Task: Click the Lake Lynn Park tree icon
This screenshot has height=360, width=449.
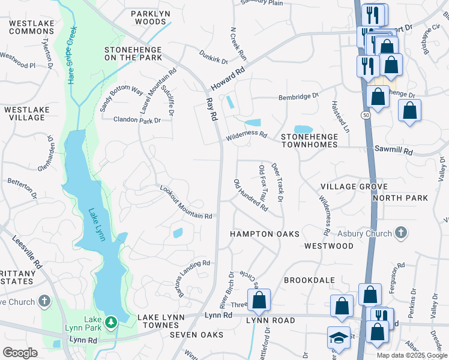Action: (110, 323)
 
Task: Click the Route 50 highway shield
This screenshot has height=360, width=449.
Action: (365, 114)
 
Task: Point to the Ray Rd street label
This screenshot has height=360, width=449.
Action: (211, 110)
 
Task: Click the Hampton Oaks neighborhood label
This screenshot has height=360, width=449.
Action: (265, 233)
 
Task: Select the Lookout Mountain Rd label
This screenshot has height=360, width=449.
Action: (186, 202)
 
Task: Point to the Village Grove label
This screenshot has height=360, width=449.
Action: (354, 187)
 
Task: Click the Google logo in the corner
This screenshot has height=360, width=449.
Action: (20, 353)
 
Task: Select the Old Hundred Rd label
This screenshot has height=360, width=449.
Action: (251, 195)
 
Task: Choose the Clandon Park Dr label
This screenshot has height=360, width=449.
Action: (137, 120)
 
